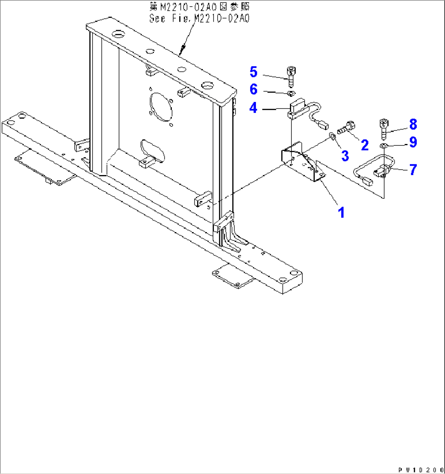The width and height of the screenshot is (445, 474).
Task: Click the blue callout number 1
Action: pos(341,212)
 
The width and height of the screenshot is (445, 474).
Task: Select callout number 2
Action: pos(365,145)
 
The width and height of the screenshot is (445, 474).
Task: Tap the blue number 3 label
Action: pos(345,155)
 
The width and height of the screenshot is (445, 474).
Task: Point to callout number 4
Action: pos(254,108)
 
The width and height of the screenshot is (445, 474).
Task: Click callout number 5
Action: pos(254,72)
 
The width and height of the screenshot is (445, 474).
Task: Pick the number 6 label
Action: pos(254,89)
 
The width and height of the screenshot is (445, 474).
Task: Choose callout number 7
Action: pos(413,169)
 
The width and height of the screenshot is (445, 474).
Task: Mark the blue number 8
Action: pos(413,124)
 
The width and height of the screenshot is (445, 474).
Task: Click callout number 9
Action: pos(413,142)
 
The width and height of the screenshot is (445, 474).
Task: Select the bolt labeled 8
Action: pos(383,127)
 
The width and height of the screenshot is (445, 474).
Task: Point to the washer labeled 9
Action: pos(383,146)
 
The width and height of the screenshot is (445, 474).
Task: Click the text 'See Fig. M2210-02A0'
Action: pos(199,19)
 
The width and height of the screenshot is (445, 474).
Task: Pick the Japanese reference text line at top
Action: pos(199,7)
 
